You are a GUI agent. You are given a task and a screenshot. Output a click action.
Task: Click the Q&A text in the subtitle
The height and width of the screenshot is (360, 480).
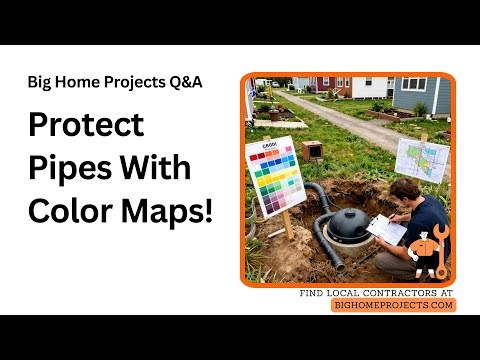[x=184, y=82]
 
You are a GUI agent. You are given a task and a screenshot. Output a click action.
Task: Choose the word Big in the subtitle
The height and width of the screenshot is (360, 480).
[x=43, y=82]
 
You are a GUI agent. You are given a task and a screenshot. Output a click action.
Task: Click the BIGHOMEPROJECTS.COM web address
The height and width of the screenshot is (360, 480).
[x=394, y=305]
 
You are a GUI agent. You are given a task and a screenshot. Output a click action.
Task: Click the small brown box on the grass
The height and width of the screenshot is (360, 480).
[x=311, y=150]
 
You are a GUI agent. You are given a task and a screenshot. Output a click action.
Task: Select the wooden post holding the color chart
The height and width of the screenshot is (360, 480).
[x=285, y=225]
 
